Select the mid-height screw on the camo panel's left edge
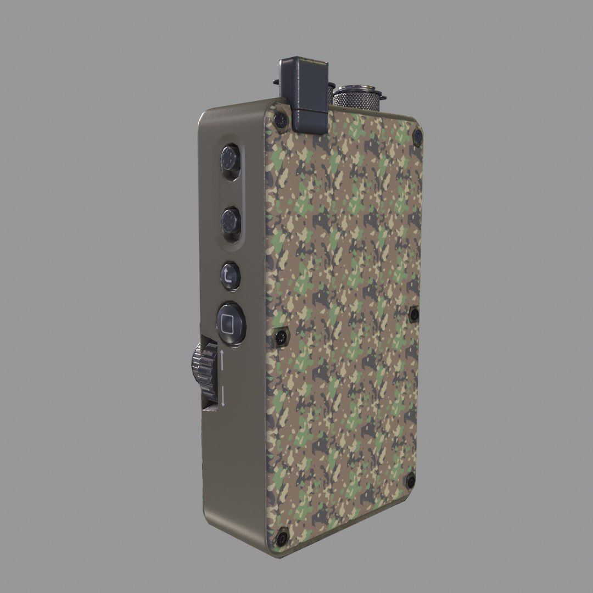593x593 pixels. pyautogui.click(x=281, y=337)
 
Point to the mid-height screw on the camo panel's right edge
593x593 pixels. pyautogui.click(x=414, y=315)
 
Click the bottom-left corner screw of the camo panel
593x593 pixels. pyautogui.click(x=282, y=538)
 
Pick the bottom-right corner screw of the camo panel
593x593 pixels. pyautogui.click(x=411, y=482)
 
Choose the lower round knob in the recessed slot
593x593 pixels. pyautogui.click(x=231, y=222)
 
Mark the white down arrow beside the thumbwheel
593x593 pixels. pyautogui.click(x=223, y=397)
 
